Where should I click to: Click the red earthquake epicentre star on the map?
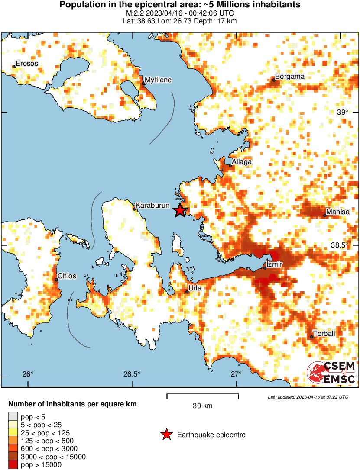click(180, 211)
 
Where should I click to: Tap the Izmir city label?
click(275, 264)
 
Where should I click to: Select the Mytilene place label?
click(158, 80)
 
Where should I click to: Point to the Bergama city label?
click(290, 77)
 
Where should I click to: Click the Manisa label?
click(337, 212)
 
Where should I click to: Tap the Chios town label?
click(67, 276)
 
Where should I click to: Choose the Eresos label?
click(27, 64)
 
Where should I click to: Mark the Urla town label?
click(195, 287)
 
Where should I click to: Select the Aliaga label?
click(242, 162)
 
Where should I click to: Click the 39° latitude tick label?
click(342, 112)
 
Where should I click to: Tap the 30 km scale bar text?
click(203, 406)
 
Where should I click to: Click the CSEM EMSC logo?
click(331, 373)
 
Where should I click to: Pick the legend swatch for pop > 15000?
click(13, 465)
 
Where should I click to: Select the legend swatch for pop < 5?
click(13, 416)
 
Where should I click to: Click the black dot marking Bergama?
click(274, 80)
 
